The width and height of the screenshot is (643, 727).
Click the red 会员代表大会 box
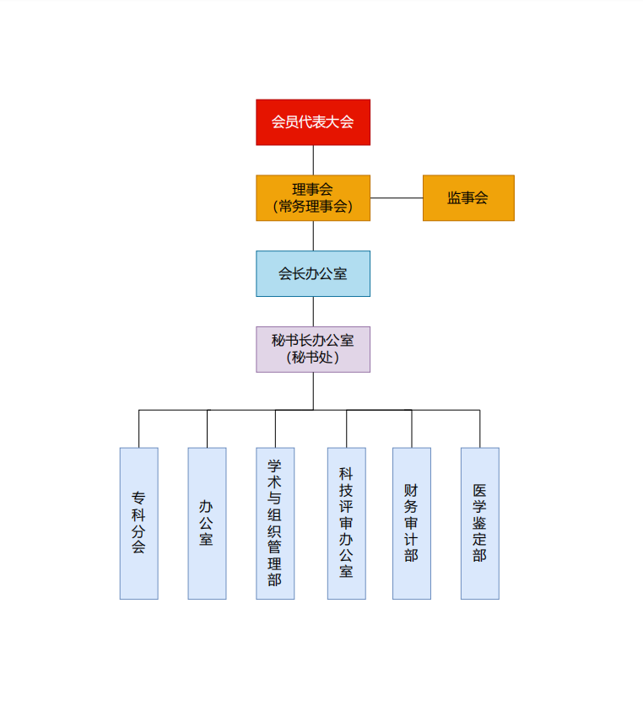pyautogui.click(x=313, y=122)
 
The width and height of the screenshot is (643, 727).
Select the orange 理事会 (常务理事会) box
pyautogui.click(x=313, y=197)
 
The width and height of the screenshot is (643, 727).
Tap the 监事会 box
pyautogui.click(x=468, y=198)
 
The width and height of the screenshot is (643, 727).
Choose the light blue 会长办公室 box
pyautogui.click(x=313, y=273)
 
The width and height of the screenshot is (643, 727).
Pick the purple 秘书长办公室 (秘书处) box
pyautogui.click(x=313, y=349)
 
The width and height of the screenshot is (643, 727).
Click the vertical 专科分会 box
pyautogui.click(x=139, y=523)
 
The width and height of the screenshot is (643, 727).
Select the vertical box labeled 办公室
pyautogui.click(x=207, y=523)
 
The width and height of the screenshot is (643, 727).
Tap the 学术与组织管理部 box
pyautogui.click(x=275, y=523)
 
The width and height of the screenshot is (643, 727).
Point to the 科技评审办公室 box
pyautogui.click(x=346, y=523)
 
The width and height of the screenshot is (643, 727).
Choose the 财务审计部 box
pyautogui.click(x=412, y=523)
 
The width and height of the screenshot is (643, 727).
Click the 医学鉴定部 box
pyautogui.click(x=480, y=523)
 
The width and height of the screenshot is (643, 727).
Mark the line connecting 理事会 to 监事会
pyautogui.click(x=397, y=198)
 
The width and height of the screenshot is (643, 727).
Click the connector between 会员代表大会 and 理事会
pyautogui.click(x=313, y=160)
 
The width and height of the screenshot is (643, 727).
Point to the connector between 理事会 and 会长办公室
pyautogui.click(x=313, y=236)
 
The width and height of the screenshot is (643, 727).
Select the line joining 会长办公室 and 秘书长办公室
pyautogui.click(x=313, y=311)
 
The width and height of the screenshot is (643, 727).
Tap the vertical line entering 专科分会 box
pyautogui.click(x=139, y=429)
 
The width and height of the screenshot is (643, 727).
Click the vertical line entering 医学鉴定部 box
pyautogui.click(x=480, y=429)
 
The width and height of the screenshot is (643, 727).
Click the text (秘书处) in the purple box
pyautogui.click(x=313, y=358)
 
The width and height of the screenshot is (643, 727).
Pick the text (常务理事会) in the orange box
pyautogui.click(x=313, y=206)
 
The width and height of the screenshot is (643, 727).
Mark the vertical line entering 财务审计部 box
pyautogui.click(x=412, y=429)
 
